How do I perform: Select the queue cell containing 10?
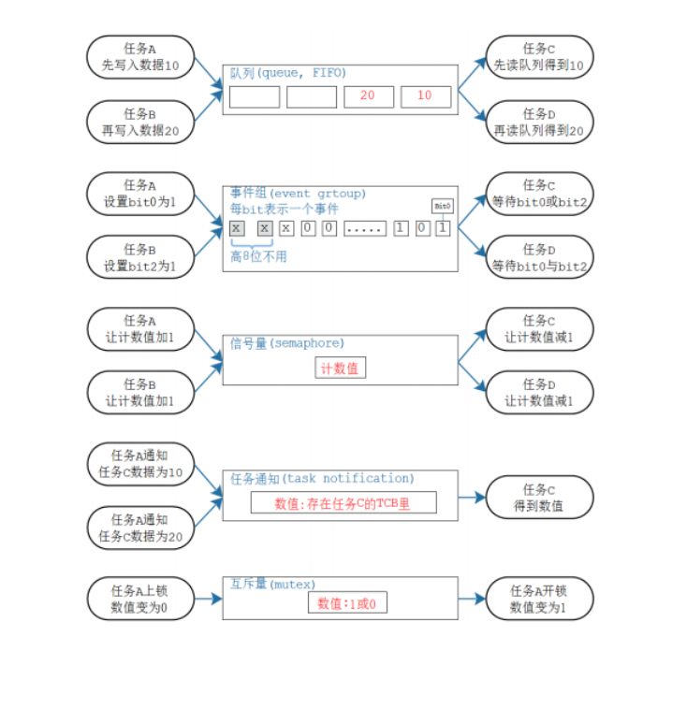(x=426, y=96)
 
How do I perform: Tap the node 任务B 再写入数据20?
(x=140, y=123)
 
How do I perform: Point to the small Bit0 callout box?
(x=442, y=206)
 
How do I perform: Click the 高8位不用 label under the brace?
(x=260, y=254)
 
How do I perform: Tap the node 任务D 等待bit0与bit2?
(x=539, y=258)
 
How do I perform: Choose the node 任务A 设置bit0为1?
(x=140, y=193)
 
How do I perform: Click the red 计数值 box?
(x=340, y=369)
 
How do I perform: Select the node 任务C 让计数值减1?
(x=539, y=328)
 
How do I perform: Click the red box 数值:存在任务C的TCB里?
(x=343, y=503)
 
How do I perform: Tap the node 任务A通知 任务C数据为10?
(x=140, y=464)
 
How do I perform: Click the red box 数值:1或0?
(x=347, y=602)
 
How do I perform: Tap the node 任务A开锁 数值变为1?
(x=539, y=600)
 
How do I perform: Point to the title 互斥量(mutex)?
(x=270, y=585)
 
